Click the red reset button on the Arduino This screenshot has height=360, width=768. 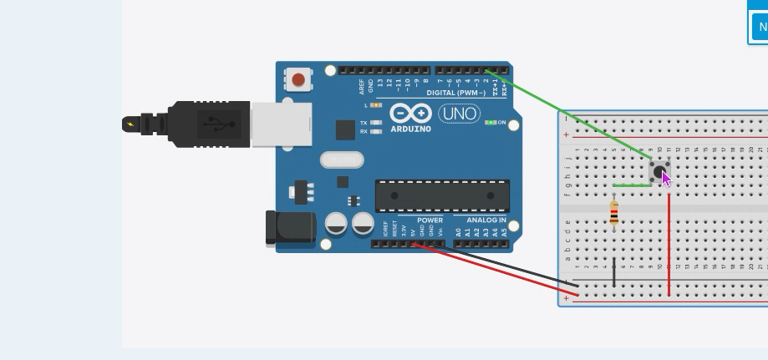(298, 80)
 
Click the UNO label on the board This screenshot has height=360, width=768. (460, 114)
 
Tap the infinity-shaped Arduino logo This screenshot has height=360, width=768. (410, 114)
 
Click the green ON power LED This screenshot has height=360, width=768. (491, 123)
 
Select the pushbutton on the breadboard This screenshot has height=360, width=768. (659, 173)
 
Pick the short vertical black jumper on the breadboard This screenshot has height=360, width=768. (614, 272)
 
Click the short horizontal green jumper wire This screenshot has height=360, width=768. (631, 185)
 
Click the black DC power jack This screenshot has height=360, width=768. (288, 229)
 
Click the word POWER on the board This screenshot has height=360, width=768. (430, 221)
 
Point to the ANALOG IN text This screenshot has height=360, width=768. (486, 221)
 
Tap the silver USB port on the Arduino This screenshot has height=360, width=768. (281, 124)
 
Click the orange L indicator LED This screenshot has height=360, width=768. (376, 105)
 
